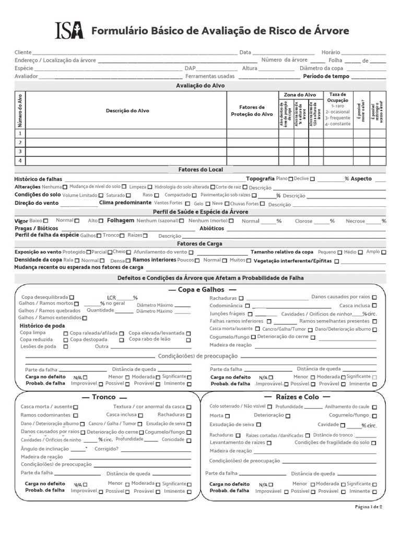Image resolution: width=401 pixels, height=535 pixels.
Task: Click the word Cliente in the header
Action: [x=23, y=53]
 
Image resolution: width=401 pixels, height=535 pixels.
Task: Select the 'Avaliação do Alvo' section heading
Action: [x=200, y=85]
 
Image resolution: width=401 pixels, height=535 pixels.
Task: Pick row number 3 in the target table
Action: [x=20, y=152]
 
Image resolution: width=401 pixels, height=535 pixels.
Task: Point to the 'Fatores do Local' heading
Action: [x=200, y=170]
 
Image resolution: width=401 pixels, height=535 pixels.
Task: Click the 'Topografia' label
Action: [x=260, y=179]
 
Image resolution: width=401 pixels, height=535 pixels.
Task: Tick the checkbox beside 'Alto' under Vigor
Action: [x=101, y=220]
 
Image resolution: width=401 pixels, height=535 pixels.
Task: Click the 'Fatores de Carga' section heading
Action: [x=200, y=244]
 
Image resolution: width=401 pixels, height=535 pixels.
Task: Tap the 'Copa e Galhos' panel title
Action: [x=200, y=289]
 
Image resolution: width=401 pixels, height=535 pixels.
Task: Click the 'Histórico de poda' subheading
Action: [x=42, y=325]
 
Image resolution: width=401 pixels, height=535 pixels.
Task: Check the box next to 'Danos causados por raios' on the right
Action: [x=375, y=297]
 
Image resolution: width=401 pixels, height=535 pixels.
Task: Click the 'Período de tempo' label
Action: [x=326, y=76]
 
